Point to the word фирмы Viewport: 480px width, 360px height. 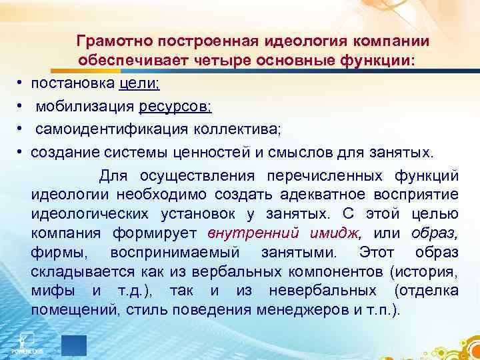(x=51, y=253)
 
